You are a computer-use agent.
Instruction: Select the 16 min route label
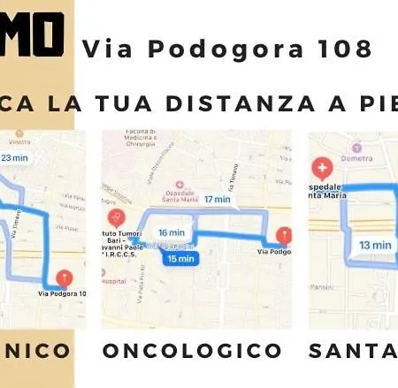(x=165, y=232)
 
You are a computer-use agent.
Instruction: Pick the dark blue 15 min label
(x=180, y=259)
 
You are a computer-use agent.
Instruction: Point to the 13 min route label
(x=376, y=245)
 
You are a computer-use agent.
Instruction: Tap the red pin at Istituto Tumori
(x=114, y=217)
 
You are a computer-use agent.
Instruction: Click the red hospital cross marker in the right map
(x=323, y=168)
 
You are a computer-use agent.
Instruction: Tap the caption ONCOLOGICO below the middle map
(x=191, y=352)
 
